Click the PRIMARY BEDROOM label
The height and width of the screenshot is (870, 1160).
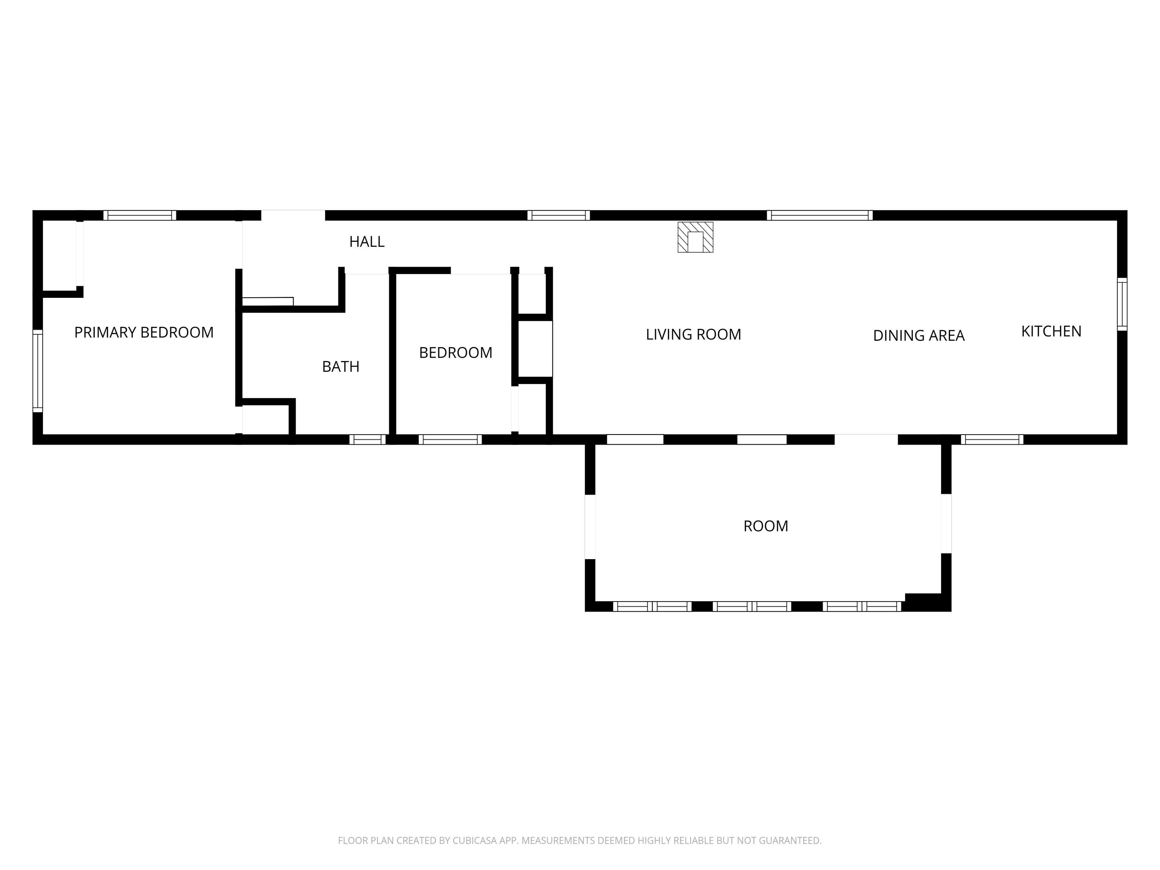coord(144,333)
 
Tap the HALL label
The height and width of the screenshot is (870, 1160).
coord(367,242)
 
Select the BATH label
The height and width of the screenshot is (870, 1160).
coord(341,366)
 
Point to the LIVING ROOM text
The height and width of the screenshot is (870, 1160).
coord(693,335)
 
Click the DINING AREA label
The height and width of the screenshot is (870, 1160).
coord(919,336)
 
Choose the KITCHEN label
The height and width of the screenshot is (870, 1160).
coord(1052,331)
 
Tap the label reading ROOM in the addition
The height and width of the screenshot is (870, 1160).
coord(766,526)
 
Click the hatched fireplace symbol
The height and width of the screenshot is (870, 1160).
coord(695,237)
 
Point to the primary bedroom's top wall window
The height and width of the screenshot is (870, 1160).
coord(140,215)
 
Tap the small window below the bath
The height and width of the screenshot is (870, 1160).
coord(368,440)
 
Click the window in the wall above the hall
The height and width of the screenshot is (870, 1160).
coord(559,215)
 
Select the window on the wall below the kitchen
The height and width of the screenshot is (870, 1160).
coord(992,440)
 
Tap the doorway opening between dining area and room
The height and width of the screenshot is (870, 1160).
coord(866,440)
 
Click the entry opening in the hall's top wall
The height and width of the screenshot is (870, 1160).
coord(293,215)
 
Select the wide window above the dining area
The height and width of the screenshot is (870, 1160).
coord(820,215)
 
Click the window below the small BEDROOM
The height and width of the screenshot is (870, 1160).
coord(450,440)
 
